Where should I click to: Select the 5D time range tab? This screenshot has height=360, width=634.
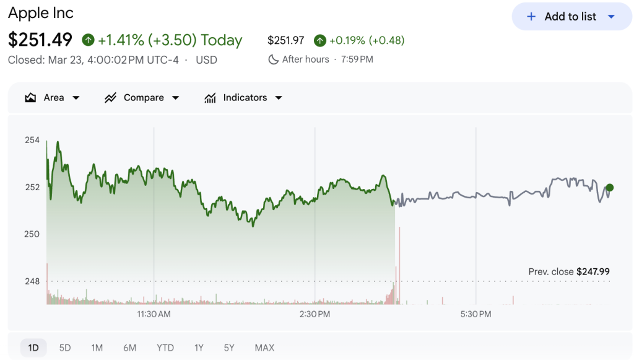point(65,348)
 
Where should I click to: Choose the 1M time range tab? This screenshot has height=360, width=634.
point(97,348)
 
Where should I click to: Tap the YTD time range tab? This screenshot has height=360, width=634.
point(165,348)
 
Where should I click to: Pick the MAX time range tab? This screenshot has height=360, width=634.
point(264,348)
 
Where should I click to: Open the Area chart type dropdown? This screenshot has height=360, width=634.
point(53,98)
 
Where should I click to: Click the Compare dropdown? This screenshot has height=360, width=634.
point(142,98)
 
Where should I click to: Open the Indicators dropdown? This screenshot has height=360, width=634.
point(243,98)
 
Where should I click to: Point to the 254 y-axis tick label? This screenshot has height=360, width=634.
point(32,140)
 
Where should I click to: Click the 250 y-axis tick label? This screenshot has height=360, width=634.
point(32,234)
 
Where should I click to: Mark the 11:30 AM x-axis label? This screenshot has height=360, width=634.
point(154,314)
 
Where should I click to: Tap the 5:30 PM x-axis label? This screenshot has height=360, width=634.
point(476,314)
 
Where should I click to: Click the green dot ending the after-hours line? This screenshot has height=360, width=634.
point(610,188)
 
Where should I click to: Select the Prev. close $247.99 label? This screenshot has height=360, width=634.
point(569,271)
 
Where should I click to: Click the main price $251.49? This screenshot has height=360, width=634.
point(40,40)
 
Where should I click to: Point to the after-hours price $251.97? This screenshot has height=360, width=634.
point(286,40)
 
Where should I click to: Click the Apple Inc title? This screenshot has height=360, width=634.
point(41,12)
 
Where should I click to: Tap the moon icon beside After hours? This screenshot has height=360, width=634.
point(273,59)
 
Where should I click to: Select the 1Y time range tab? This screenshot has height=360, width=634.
point(199,348)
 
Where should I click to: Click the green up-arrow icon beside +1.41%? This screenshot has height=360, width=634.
point(88,40)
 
